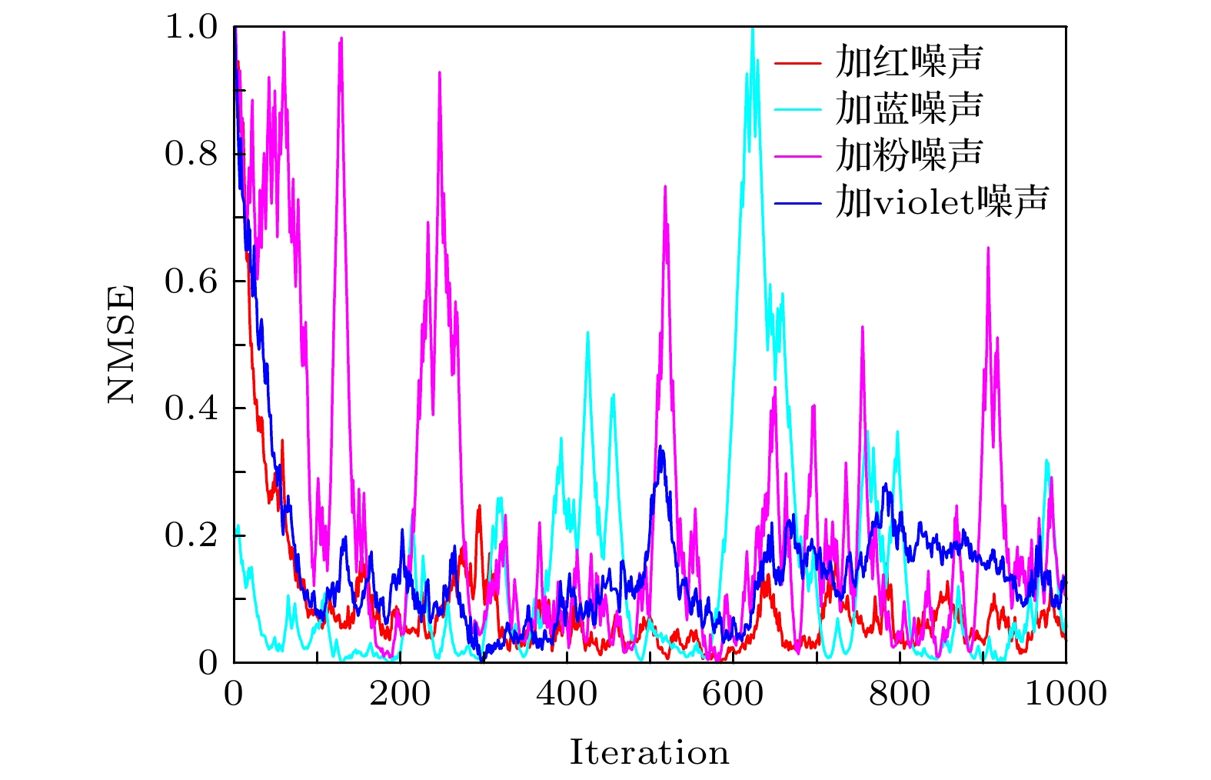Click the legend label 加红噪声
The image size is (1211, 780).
coord(909,62)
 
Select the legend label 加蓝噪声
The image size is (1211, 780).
coord(909,108)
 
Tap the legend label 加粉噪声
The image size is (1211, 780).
coord(909,155)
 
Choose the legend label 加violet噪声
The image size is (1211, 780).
coord(942,202)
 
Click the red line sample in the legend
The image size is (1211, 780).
coord(797,62)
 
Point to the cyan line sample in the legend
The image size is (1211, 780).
coord(797,109)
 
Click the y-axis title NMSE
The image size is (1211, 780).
coord(121,344)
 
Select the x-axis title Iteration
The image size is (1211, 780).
coord(649,752)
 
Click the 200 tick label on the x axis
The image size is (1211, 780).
coord(400,695)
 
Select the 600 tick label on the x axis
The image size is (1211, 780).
coord(733,695)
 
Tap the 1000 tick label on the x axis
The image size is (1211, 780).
coord(1066,695)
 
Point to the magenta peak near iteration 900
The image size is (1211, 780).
coord(988,248)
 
